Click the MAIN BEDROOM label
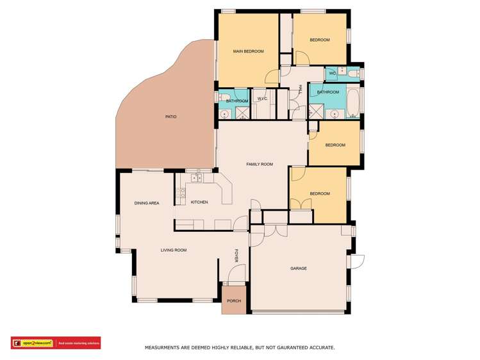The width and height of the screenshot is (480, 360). click(x=249, y=51)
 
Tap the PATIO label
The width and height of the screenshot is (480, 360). click(x=170, y=117)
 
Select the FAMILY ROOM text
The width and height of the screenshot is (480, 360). click(x=260, y=165)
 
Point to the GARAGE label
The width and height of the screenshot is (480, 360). click(x=299, y=268)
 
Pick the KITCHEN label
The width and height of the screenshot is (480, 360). click(x=199, y=202)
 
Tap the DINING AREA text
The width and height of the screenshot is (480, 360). click(x=147, y=203)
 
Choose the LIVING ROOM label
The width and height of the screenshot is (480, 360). click(x=173, y=250)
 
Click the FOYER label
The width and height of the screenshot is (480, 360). click(x=236, y=256)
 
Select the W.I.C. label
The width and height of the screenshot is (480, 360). click(x=262, y=99)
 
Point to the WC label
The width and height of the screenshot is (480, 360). click(x=332, y=74)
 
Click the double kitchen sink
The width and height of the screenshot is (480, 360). click(x=196, y=178)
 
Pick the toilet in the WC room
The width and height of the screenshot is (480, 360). click(x=354, y=74)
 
